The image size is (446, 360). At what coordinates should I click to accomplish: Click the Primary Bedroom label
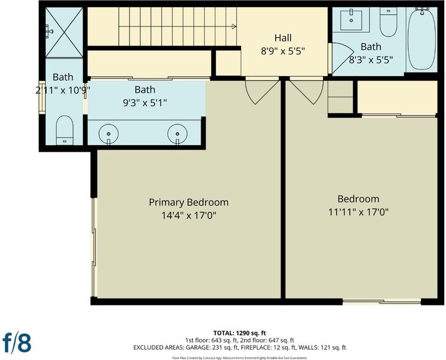189,202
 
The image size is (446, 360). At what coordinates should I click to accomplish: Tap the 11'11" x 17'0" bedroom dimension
358,212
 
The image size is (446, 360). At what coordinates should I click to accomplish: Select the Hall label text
283,38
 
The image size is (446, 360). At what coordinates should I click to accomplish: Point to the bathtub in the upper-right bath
422,38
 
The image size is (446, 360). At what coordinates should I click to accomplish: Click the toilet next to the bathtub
388,22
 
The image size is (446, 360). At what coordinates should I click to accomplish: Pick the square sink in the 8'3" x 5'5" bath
351,20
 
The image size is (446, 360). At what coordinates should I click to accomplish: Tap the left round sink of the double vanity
109,134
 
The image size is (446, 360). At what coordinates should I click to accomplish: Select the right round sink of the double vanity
177,134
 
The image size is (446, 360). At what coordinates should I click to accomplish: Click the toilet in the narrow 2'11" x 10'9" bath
65,130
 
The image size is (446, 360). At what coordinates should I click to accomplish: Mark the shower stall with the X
64,32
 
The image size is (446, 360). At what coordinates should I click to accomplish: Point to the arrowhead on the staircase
234,26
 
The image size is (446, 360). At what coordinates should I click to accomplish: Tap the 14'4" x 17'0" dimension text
189,215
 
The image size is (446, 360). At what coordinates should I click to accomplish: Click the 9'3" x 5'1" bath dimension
145,103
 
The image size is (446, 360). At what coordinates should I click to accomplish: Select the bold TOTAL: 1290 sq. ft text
240,332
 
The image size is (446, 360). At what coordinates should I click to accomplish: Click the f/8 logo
17,342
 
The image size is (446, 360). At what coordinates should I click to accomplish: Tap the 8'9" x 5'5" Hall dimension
283,51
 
